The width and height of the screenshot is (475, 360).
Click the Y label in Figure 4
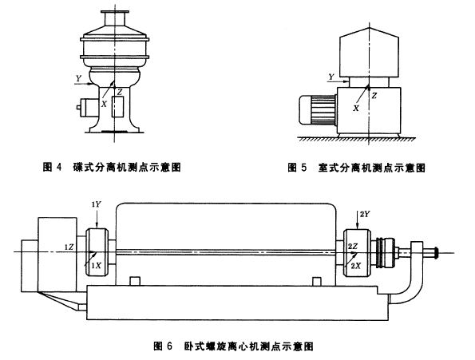(79, 79)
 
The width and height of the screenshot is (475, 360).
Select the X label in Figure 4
(104, 104)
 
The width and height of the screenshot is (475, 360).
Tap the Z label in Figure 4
(121, 92)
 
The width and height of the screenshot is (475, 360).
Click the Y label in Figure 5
(332, 77)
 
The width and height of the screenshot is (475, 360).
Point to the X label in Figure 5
(356, 108)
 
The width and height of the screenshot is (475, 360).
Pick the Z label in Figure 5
(374, 96)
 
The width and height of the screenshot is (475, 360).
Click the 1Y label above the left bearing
(97, 204)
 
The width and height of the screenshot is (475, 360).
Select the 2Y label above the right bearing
(365, 215)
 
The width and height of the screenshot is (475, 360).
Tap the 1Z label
(69, 247)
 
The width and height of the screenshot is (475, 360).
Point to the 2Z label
(352, 247)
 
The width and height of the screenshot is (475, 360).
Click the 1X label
(97, 266)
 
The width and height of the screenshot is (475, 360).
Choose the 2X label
(355, 266)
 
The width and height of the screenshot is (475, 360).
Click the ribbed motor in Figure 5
(318, 109)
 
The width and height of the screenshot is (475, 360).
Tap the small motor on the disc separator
(88, 108)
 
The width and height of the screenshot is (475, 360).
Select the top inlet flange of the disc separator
(114, 13)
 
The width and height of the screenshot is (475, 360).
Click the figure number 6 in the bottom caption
(169, 346)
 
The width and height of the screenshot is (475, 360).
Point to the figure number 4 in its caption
(59, 167)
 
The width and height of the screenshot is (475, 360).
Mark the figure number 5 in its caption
(304, 167)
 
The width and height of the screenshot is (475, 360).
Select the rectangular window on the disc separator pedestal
(117, 107)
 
